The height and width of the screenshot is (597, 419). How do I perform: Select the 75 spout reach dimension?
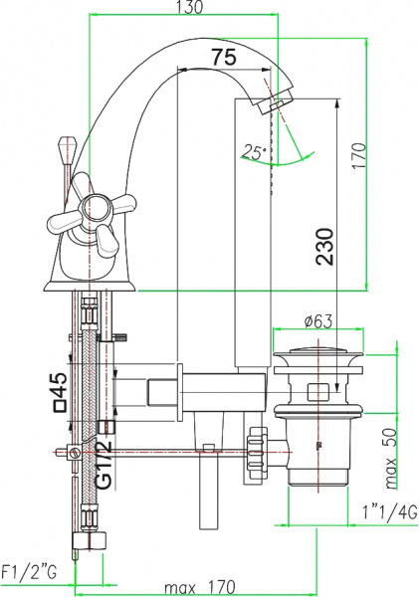point(224,58)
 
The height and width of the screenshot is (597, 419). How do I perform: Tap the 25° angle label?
point(253,152)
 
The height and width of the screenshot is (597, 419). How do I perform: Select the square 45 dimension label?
point(60,392)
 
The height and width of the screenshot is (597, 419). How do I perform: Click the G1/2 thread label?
point(104,464)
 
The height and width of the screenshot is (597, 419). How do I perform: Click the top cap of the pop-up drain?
point(320,350)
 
